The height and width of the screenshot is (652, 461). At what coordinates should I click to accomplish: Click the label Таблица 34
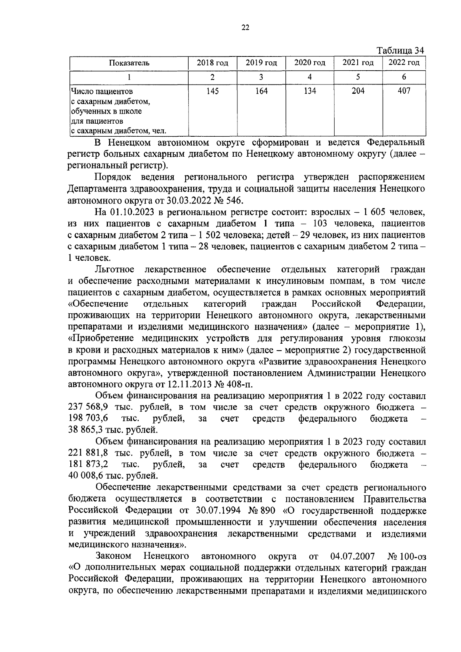(x=401, y=51)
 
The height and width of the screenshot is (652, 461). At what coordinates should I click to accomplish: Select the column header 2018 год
(x=212, y=63)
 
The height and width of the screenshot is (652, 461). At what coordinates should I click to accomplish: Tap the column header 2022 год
(x=404, y=63)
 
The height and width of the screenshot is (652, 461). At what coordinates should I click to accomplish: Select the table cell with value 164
(x=261, y=91)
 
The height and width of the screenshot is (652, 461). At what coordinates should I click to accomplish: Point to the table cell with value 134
(x=310, y=91)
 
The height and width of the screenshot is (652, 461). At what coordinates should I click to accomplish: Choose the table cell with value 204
(x=358, y=91)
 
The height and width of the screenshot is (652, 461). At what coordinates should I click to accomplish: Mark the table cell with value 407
(x=404, y=91)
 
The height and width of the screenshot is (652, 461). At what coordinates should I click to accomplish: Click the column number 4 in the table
(x=310, y=77)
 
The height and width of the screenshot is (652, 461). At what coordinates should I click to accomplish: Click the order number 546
(x=233, y=200)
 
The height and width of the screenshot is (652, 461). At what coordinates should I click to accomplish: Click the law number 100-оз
(x=413, y=556)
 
